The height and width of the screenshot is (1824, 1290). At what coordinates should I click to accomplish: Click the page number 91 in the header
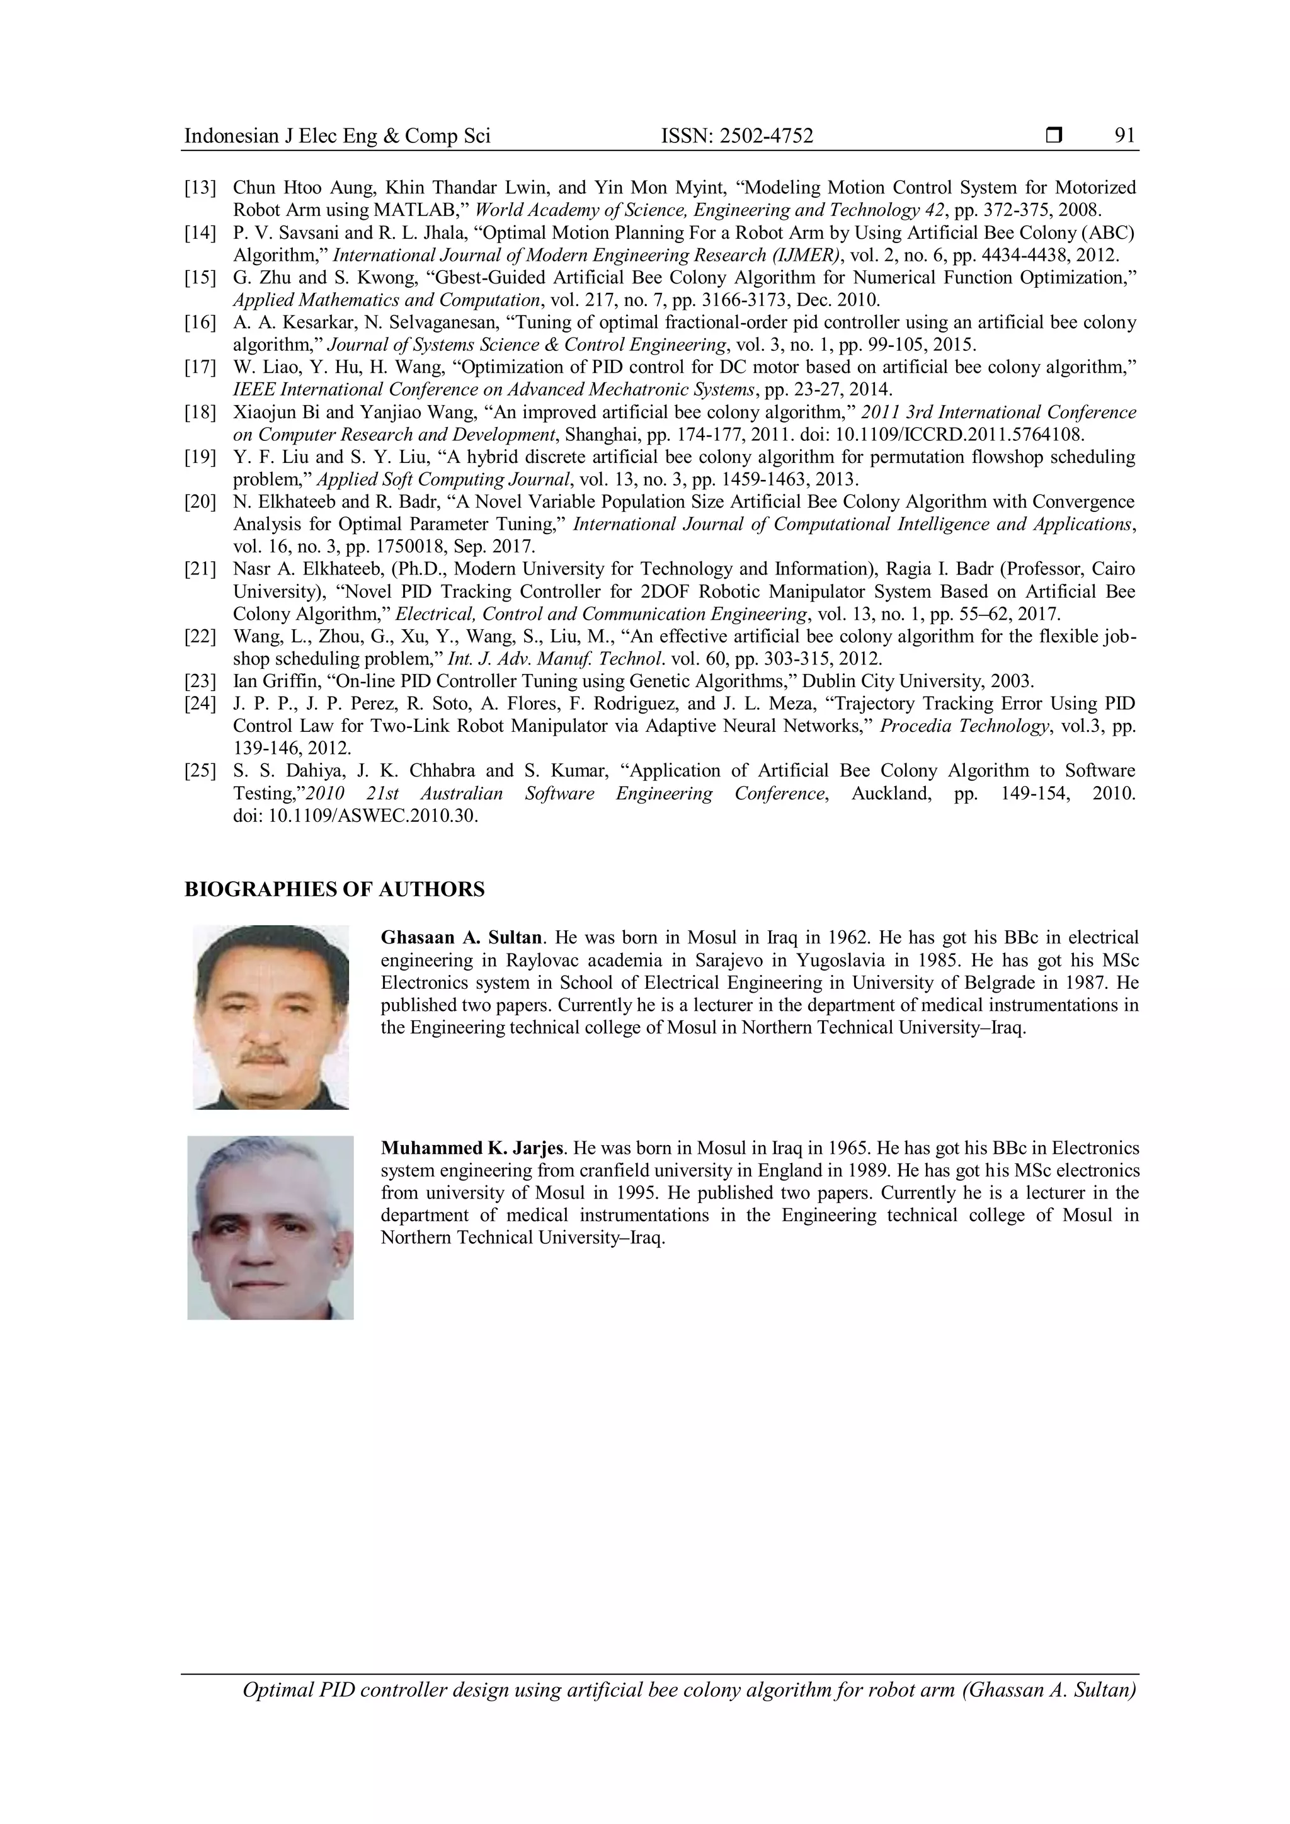tap(1125, 136)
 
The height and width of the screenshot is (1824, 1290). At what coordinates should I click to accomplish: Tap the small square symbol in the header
tap(1054, 136)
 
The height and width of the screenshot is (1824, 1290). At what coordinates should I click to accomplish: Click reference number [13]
tap(200, 188)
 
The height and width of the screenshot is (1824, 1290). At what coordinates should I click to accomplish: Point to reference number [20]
tap(200, 502)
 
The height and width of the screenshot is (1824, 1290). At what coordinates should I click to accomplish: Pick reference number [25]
tap(200, 770)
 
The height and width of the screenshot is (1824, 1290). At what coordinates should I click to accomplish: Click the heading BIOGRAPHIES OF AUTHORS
tap(334, 890)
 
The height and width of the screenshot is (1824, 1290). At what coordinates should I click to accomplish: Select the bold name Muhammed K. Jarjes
tap(472, 1148)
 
